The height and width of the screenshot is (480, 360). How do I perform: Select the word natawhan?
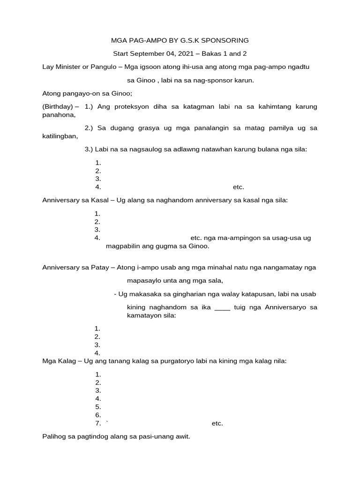click(230, 150)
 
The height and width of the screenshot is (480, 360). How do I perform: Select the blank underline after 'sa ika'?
click(222, 307)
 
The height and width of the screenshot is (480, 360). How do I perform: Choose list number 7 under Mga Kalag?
click(98, 423)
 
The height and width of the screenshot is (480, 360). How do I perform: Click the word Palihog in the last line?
click(54, 437)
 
